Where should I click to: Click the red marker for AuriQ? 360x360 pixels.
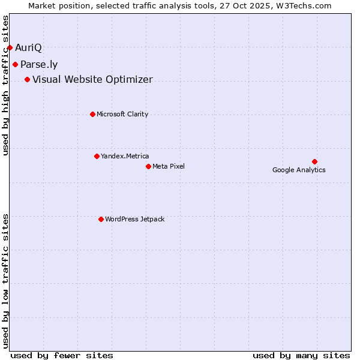(10, 47)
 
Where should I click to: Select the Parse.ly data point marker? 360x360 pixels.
(15, 64)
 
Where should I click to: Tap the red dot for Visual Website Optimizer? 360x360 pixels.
(27, 79)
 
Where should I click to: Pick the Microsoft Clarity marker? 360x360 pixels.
(92, 114)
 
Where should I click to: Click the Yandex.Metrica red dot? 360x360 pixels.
(97, 156)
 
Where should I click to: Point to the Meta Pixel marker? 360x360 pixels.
(148, 166)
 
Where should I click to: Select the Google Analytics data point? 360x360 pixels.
(314, 161)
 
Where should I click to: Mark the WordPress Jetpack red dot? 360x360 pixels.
(101, 219)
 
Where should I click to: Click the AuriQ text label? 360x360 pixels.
(28, 47)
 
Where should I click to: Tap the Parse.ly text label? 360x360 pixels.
(39, 65)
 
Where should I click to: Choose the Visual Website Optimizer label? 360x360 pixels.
(92, 80)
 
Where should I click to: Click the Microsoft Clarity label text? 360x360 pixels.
(122, 115)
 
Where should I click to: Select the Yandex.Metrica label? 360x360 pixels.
(125, 157)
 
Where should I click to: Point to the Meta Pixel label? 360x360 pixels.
(169, 166)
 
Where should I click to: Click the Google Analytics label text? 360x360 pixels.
(299, 170)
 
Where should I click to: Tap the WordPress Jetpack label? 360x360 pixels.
(134, 220)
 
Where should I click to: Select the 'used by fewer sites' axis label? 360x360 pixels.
(62, 355)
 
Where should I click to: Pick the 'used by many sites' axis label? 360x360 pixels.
(301, 355)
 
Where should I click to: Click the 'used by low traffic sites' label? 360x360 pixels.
(6, 281)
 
